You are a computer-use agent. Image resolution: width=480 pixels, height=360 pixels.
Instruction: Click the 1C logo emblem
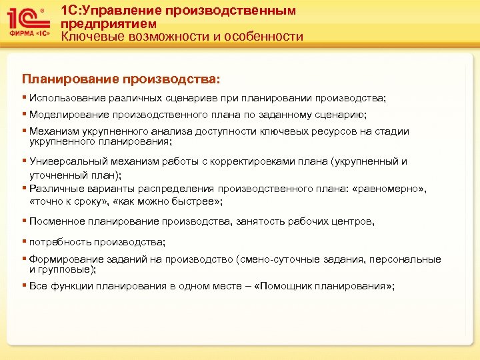[x=26, y=17]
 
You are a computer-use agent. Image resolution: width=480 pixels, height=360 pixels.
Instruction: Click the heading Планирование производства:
[x=120, y=79]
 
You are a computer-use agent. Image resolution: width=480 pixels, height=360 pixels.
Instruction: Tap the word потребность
[x=59, y=241]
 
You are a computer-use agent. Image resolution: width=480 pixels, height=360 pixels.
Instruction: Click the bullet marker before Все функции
[x=25, y=285]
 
